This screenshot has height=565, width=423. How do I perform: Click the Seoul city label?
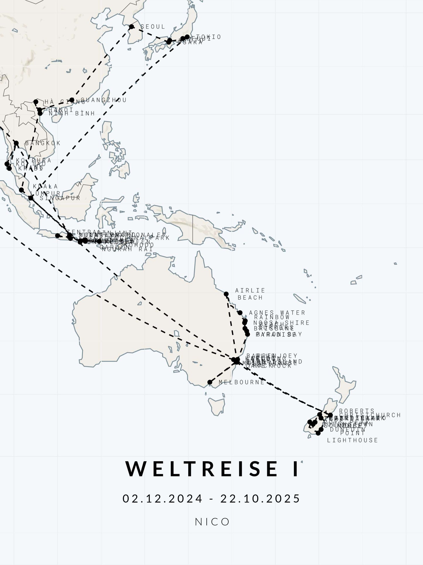[x=153, y=27]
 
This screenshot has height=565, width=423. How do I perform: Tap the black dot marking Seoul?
[x=131, y=27]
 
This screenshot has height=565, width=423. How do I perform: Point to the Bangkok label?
[x=43, y=143]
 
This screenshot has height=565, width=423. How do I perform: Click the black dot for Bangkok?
[x=16, y=143]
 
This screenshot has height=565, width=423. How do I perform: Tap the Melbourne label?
[x=242, y=382]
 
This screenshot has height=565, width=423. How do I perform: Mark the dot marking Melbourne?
[x=210, y=382]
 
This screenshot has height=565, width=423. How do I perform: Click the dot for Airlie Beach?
[x=226, y=294]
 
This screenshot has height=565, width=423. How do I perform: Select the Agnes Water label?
[x=277, y=313]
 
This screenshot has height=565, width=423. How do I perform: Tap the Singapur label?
[x=60, y=198]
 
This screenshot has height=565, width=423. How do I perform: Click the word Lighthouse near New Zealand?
[x=352, y=440]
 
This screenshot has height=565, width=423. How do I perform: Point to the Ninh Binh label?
[x=72, y=113]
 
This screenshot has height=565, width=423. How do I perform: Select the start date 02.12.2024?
[x=162, y=498]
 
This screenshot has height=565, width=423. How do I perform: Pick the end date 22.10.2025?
[x=260, y=498]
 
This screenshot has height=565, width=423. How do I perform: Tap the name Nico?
[x=212, y=522]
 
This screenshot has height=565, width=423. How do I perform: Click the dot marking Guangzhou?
[x=72, y=100]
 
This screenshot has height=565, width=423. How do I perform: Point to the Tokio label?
[x=208, y=37]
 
